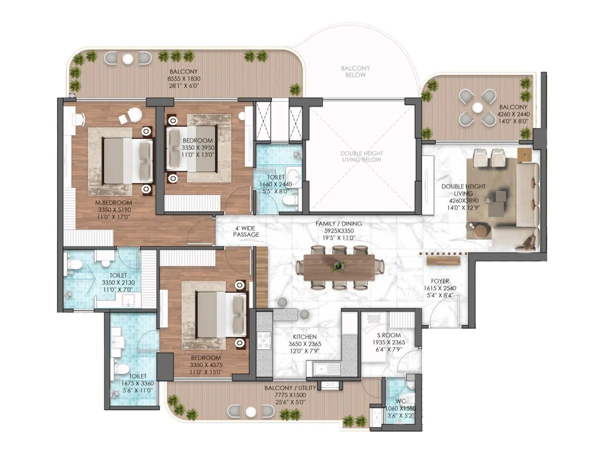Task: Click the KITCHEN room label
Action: pyautogui.click(x=305, y=337)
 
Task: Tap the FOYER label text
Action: pyautogui.click(x=440, y=281)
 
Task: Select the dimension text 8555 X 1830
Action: pyautogui.click(x=184, y=79)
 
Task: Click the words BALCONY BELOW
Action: pyautogui.click(x=355, y=71)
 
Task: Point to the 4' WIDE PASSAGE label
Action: pyautogui.click(x=246, y=231)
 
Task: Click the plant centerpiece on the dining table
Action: pyautogui.click(x=339, y=266)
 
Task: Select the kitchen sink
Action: pyautogui.click(x=323, y=369)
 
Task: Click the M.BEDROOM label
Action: pyautogui.click(x=113, y=203)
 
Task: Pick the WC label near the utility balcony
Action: pyautogui.click(x=400, y=401)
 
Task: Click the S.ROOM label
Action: pyautogui.click(x=389, y=335)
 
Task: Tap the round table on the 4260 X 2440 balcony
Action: pyautogui.click(x=477, y=108)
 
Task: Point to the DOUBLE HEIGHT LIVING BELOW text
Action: pyautogui.click(x=361, y=156)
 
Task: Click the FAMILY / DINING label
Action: pyautogui.click(x=339, y=224)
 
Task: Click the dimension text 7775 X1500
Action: pyautogui.click(x=290, y=395)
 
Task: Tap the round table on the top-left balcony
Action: pyautogui.click(x=128, y=59)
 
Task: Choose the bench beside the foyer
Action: pyautogui.click(x=443, y=260)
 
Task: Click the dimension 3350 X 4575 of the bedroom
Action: pyautogui.click(x=206, y=365)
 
